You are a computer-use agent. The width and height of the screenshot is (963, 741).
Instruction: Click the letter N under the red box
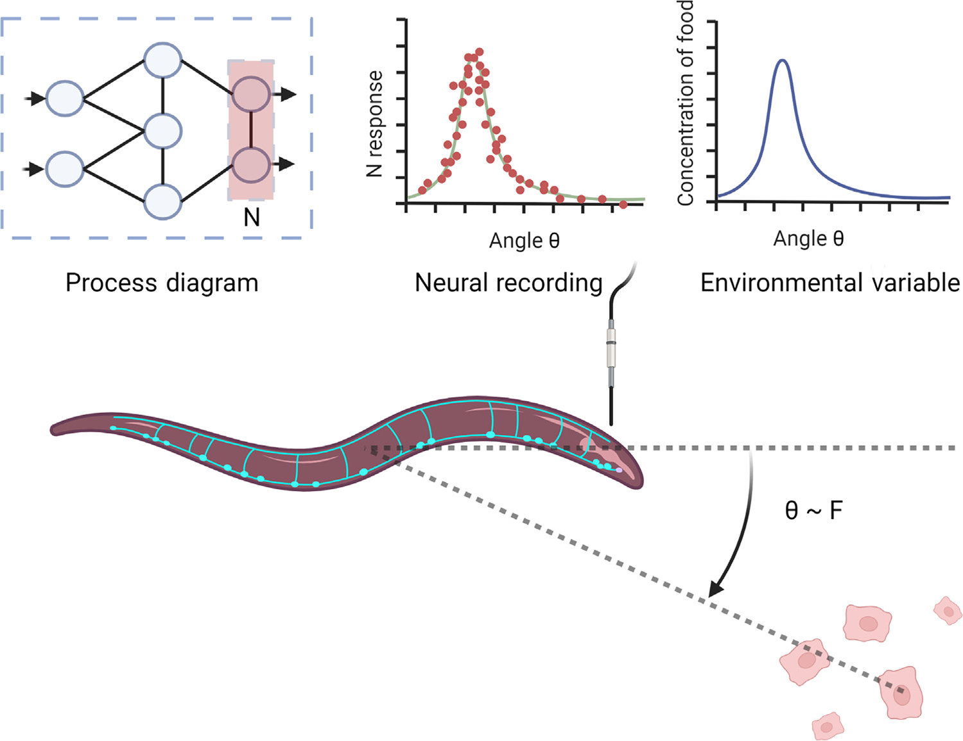(x=252, y=217)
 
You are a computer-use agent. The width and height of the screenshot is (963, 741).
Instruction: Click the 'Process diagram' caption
(x=162, y=283)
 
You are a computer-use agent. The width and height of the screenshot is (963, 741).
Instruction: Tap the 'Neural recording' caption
(x=508, y=283)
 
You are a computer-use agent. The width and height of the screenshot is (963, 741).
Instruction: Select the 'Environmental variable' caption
(x=830, y=283)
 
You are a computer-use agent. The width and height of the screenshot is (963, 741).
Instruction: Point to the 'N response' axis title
(x=374, y=124)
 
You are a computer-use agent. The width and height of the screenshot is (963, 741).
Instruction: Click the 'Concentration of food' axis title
(x=686, y=103)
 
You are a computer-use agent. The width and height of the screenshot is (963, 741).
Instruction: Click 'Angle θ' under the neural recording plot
(x=524, y=241)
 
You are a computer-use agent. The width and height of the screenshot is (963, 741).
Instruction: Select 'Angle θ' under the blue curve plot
(x=808, y=239)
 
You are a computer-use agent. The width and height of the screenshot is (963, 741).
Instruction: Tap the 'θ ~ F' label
(x=813, y=511)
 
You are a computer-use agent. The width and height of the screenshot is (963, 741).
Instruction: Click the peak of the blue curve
(x=782, y=60)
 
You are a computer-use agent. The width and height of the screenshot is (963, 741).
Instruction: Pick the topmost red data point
(x=479, y=52)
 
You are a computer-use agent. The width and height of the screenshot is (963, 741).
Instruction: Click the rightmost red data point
(x=623, y=205)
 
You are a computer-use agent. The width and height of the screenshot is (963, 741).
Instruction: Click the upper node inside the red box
(x=251, y=95)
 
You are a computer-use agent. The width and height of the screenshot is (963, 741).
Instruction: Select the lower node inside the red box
(x=251, y=164)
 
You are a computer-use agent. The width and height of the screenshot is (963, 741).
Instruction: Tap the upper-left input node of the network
(x=65, y=99)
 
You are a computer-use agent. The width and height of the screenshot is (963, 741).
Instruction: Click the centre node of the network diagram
(x=163, y=131)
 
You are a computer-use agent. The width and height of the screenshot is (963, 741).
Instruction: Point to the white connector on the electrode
(x=611, y=347)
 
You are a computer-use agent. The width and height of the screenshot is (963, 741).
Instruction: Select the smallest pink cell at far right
(x=948, y=610)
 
